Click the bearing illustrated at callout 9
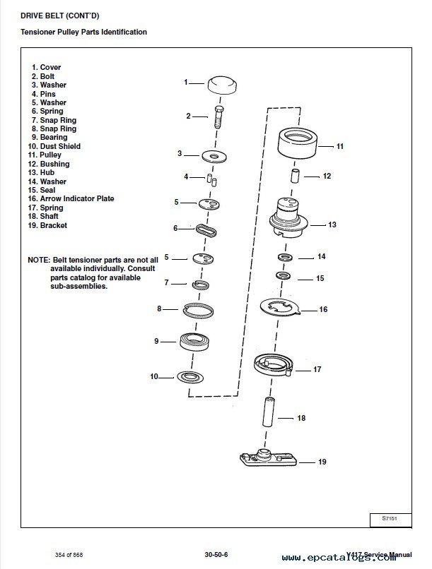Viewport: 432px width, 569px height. pyautogui.click(x=199, y=342)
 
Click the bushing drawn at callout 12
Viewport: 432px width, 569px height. pyautogui.click(x=293, y=175)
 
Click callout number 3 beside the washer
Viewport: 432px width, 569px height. pyautogui.click(x=180, y=153)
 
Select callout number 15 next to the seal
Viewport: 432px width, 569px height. pyautogui.click(x=320, y=279)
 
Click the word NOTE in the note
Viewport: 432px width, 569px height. pyautogui.click(x=39, y=260)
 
